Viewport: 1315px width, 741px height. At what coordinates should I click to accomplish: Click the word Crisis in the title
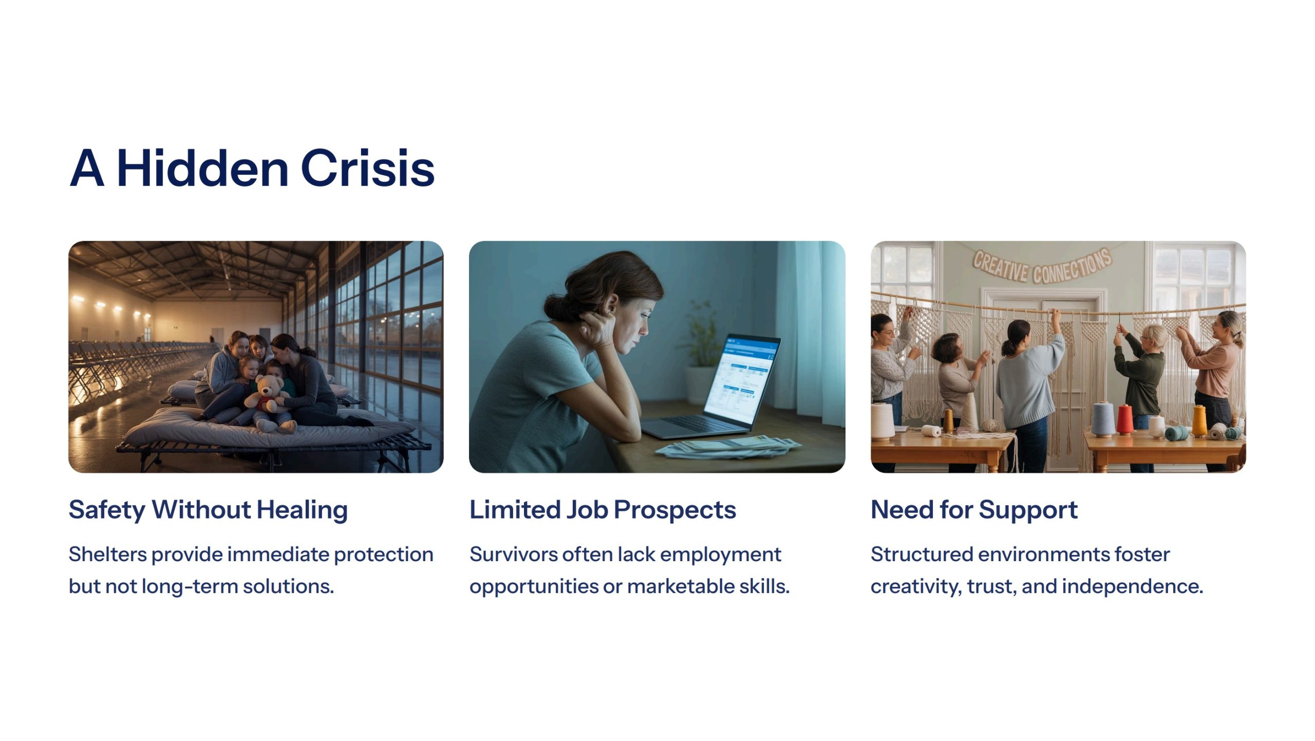tap(368, 168)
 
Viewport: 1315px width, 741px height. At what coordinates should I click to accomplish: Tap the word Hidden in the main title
tap(203, 168)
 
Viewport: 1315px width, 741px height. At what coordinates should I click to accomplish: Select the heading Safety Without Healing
tap(209, 510)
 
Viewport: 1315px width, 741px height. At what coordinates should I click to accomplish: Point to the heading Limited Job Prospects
tap(603, 510)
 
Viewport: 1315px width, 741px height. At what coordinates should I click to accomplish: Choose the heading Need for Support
tap(974, 510)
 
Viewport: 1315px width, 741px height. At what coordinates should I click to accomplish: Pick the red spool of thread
tap(1124, 419)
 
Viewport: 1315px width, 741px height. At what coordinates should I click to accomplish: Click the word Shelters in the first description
tap(108, 554)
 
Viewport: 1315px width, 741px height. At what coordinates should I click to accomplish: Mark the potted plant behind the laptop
tap(700, 349)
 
